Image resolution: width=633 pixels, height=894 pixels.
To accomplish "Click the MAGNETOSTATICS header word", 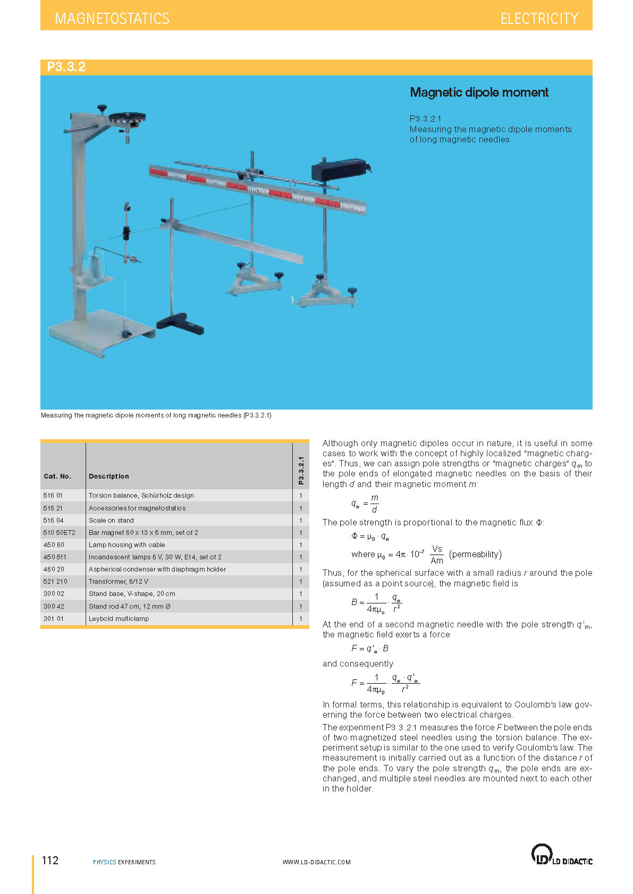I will [x=112, y=19].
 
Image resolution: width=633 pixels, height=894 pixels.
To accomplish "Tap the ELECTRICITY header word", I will [x=539, y=19].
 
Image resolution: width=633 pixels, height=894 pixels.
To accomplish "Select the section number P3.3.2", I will [x=66, y=67].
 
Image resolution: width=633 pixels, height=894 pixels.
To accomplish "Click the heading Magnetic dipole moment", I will [x=479, y=92].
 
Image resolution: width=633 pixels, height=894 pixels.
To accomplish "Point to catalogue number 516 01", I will [x=53, y=496].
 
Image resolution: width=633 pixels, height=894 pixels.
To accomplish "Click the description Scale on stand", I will [x=111, y=521].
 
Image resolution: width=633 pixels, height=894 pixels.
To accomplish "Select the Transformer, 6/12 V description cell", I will [x=119, y=582].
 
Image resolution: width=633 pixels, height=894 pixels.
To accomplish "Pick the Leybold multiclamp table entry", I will [x=119, y=619].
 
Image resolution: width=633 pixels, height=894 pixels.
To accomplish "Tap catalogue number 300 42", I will [x=54, y=607].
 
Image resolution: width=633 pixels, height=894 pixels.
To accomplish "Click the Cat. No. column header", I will [x=57, y=476].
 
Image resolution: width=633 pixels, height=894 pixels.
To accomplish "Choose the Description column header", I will [x=108, y=476].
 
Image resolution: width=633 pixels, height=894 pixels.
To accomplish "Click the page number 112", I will [x=50, y=861].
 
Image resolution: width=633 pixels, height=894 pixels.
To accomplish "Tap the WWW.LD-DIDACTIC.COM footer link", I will [x=316, y=862].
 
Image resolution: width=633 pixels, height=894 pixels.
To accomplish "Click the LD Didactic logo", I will [x=561, y=855].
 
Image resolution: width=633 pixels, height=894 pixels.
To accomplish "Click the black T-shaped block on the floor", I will [x=180, y=324].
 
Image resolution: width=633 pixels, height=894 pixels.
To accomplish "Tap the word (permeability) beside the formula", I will [x=475, y=555].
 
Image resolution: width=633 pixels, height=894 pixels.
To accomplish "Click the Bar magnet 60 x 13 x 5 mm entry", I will [x=143, y=533].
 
